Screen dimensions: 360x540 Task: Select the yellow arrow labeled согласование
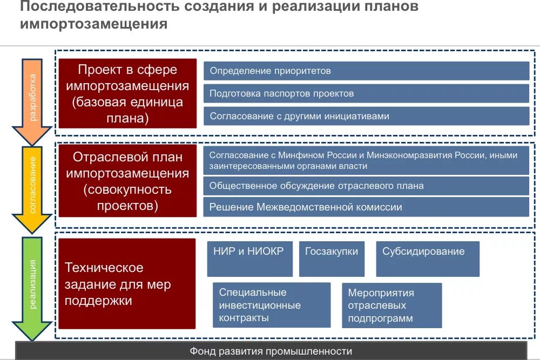click(x=32, y=186)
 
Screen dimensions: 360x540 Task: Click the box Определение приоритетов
click(x=366, y=71)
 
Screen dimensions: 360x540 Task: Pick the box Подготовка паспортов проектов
click(x=366, y=93)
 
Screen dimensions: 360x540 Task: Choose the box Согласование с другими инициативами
click(x=366, y=116)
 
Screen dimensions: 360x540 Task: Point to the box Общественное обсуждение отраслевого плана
click(x=366, y=186)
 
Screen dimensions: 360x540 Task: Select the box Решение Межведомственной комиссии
click(x=366, y=207)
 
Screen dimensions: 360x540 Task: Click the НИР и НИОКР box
click(x=249, y=259)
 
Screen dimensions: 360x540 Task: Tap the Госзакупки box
click(x=332, y=259)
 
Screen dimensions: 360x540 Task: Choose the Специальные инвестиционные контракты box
click(x=271, y=305)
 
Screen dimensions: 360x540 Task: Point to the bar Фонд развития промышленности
click(x=271, y=351)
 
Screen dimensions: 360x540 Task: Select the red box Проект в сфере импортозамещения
click(x=127, y=93)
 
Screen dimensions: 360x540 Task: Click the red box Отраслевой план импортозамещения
click(x=127, y=181)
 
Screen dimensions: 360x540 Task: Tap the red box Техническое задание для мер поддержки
click(x=127, y=283)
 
